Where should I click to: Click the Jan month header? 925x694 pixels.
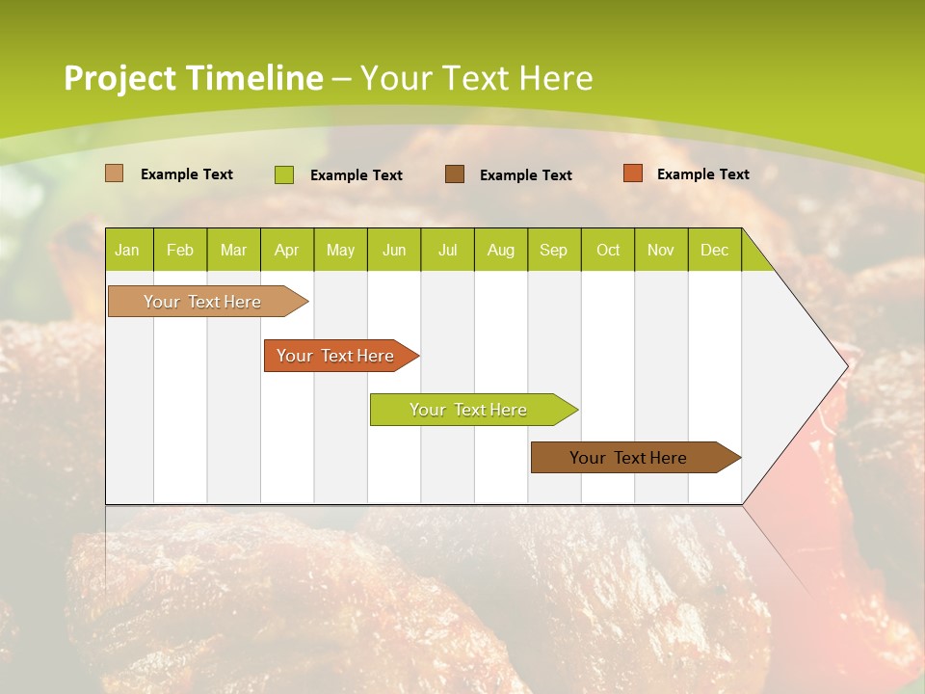[127, 250]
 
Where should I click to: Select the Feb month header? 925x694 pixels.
[180, 250]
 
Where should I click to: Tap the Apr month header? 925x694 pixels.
[286, 250]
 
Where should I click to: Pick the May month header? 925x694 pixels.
[340, 250]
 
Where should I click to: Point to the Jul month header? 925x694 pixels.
[447, 250]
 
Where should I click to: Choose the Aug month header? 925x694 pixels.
[501, 250]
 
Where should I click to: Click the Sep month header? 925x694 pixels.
[553, 250]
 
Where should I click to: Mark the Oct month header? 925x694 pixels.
[608, 250]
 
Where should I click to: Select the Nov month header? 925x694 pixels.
[661, 250]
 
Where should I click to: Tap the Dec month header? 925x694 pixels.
[715, 250]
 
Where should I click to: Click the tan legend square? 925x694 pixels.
[115, 173]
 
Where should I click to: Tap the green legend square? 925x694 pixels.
[284, 174]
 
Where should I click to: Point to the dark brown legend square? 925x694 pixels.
[455, 173]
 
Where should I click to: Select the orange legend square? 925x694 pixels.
[633, 173]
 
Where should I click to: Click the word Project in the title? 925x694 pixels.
[119, 78]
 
